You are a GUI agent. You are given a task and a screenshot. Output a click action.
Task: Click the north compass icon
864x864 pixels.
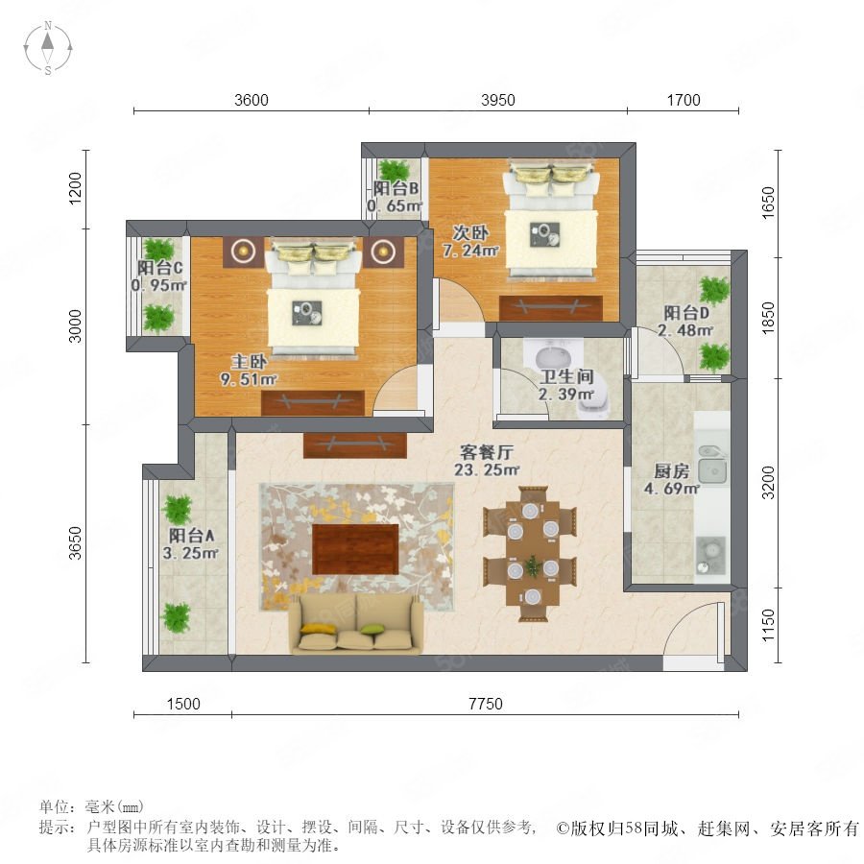click(x=48, y=48)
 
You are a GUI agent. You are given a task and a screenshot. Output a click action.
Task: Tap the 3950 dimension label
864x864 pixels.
click(x=498, y=100)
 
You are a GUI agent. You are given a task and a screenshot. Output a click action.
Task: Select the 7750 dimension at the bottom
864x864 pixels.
click(x=486, y=704)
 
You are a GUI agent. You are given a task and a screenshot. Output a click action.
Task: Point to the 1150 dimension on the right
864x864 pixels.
click(x=768, y=625)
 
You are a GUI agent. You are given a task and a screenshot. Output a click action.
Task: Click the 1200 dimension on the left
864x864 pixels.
click(x=76, y=188)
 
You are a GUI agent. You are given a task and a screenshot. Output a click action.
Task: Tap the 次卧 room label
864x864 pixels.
click(x=470, y=232)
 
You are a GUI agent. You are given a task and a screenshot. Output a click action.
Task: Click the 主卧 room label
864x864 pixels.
click(x=249, y=362)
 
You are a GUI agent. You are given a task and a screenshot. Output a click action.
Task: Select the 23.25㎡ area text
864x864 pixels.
click(x=487, y=470)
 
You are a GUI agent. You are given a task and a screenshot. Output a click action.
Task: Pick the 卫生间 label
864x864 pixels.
click(x=566, y=377)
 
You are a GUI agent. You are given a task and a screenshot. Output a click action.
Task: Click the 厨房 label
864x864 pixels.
click(x=672, y=471)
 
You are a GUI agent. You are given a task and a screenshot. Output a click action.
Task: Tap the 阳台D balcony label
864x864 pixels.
click(x=686, y=313)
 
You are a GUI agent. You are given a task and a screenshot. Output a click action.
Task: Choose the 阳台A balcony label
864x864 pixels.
click(x=191, y=535)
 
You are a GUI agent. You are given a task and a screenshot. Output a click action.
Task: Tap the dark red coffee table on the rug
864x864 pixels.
click(x=355, y=549)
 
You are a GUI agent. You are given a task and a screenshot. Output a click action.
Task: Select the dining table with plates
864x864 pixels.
click(x=532, y=553)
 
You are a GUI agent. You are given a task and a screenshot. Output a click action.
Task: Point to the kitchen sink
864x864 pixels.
click(x=712, y=465)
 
